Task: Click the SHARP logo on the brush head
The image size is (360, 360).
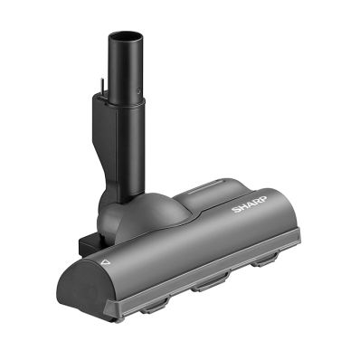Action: tap(250, 204)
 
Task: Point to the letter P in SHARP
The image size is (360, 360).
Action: tap(262, 199)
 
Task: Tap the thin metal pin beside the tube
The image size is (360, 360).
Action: tap(101, 86)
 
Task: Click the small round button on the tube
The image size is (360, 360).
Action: tap(138, 90)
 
